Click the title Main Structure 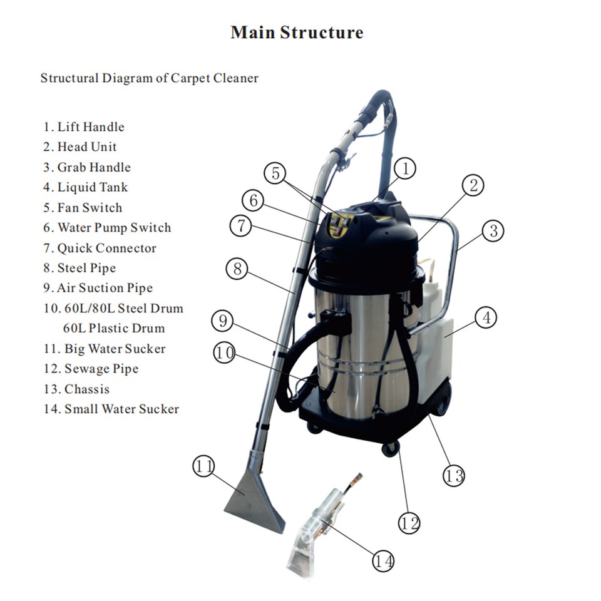(x=297, y=33)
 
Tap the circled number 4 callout (x=485, y=317)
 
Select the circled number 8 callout (x=237, y=269)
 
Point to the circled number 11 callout (x=203, y=466)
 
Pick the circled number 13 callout (x=454, y=475)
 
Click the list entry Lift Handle (x=84, y=127)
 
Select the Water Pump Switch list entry (x=107, y=228)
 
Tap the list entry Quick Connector (x=100, y=248)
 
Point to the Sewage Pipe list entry (x=93, y=369)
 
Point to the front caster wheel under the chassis (x=390, y=448)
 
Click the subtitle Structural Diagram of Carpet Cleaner (x=150, y=78)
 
